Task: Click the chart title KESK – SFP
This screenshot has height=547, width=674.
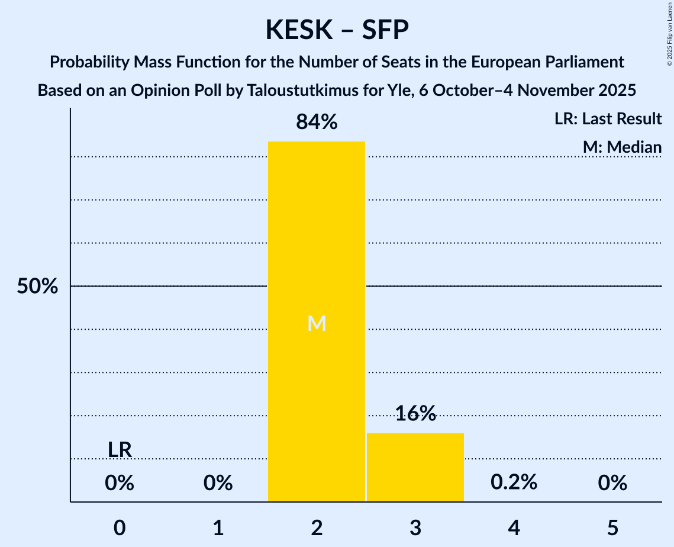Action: (337, 30)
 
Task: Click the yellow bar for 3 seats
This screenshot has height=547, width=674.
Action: (415, 467)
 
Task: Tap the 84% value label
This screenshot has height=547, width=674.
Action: (317, 123)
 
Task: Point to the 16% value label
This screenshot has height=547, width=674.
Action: (415, 414)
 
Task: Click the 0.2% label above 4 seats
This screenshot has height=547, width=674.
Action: (514, 482)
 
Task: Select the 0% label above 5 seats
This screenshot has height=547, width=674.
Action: (612, 484)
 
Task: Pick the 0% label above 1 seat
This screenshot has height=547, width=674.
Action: (218, 484)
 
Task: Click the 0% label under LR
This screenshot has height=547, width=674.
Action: (120, 484)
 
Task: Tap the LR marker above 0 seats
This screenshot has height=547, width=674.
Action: (120, 450)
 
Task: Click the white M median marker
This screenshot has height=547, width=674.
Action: (317, 323)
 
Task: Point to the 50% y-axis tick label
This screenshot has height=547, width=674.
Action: (37, 287)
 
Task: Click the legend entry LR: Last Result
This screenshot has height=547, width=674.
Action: (608, 119)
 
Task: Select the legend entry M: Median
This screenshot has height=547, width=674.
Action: (621, 147)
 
